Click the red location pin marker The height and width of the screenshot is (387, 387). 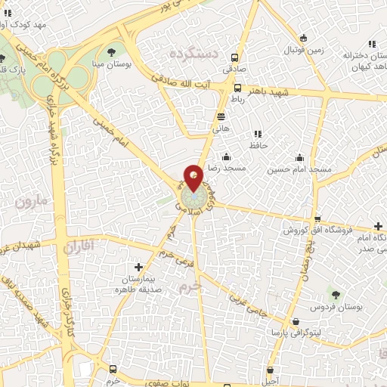[x=193, y=178]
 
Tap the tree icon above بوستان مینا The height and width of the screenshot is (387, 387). [x=112, y=52]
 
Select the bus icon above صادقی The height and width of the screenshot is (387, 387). [x=237, y=57]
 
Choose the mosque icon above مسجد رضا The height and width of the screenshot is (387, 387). [x=226, y=156]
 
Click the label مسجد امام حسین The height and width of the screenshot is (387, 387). [x=299, y=170]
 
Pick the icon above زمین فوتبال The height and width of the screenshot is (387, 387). [x=303, y=39]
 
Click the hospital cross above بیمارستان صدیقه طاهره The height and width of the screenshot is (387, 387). [x=138, y=267]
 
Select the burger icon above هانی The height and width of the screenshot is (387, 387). [x=221, y=116]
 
